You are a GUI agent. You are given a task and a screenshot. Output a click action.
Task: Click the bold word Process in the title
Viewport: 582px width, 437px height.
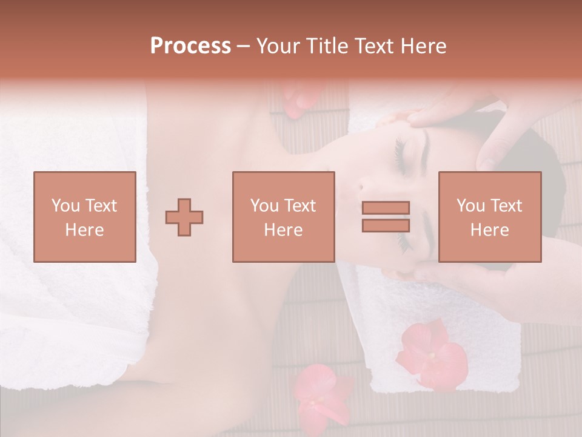[190, 46]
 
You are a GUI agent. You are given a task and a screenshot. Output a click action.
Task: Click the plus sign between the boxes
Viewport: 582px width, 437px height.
[184, 217]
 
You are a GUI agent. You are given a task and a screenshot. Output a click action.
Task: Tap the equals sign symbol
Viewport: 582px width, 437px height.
[386, 217]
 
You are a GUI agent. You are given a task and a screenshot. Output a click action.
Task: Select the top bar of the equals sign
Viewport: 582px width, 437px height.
[386, 208]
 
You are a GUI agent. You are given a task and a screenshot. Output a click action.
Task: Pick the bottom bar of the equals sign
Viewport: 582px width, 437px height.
[386, 225]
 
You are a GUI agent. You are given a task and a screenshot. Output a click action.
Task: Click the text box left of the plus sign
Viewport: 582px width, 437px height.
[85, 217]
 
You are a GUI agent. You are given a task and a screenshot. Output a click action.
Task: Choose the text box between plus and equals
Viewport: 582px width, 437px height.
[283, 217]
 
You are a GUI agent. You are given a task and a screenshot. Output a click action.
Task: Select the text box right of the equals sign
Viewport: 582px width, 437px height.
[489, 217]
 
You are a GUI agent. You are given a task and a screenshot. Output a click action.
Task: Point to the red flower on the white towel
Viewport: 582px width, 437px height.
[431, 354]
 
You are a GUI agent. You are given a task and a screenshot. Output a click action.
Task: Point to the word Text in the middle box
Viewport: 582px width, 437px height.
[301, 206]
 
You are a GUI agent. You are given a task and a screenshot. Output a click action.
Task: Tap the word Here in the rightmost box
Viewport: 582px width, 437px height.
[489, 230]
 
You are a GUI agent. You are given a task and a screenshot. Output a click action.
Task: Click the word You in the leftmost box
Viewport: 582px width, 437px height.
[65, 206]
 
